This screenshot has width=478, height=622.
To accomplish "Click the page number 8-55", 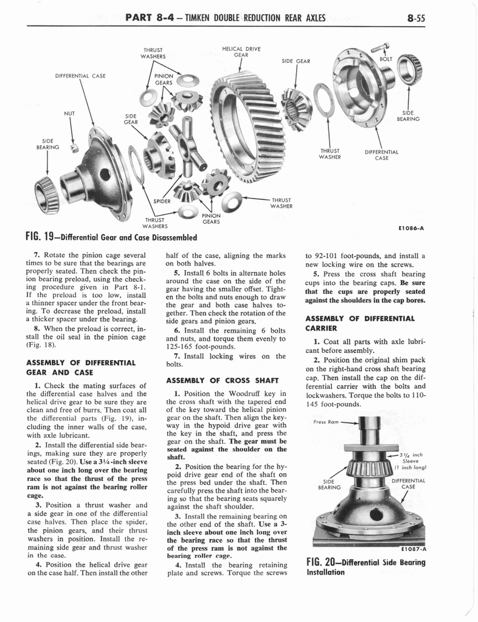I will coord(416,18).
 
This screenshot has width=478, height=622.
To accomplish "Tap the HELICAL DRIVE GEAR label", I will coord(242,52).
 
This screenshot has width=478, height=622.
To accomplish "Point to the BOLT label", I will coord(386,59).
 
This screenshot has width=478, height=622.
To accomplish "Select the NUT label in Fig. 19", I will coord(69,113).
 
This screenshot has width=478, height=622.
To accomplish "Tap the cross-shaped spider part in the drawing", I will coord(188,151).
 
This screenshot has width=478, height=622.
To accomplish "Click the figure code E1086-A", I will coord(411,230).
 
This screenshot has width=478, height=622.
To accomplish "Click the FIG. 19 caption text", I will coord(113,236).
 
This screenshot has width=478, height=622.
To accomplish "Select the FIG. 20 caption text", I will coord(365,567).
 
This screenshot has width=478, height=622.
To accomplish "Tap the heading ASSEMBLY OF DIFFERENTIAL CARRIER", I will coord(359,323).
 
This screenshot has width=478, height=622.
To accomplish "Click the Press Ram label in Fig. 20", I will coord(327,422).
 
